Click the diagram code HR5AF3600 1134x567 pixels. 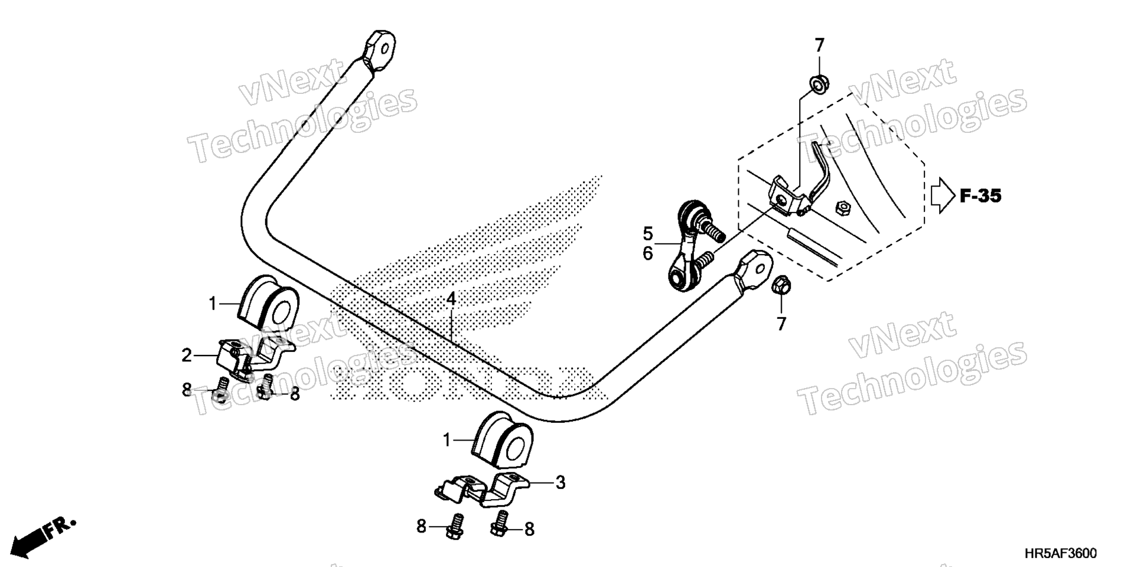(1060, 553)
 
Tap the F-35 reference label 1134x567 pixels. (980, 196)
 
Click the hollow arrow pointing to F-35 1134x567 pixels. (943, 196)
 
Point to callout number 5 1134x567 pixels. (648, 233)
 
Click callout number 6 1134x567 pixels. (648, 253)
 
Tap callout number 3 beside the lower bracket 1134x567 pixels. (560, 483)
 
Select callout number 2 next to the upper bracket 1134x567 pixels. (187, 356)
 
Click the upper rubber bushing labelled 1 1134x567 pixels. (269, 301)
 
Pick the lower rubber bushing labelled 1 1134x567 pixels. (503, 438)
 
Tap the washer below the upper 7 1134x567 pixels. (818, 84)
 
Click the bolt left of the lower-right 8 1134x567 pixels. (500, 524)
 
